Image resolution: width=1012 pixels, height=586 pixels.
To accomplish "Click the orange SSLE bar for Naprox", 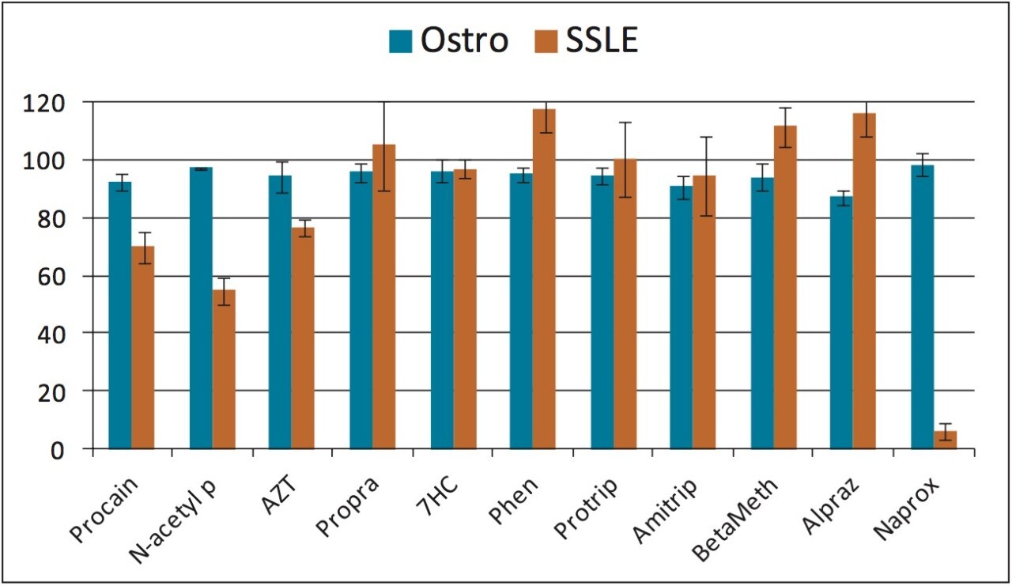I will (945, 440).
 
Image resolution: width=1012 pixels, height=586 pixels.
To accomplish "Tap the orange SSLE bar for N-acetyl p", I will (224, 369).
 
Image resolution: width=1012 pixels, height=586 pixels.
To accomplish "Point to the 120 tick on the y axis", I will (55, 103).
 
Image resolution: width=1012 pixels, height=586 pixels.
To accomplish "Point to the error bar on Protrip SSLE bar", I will (625, 159).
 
